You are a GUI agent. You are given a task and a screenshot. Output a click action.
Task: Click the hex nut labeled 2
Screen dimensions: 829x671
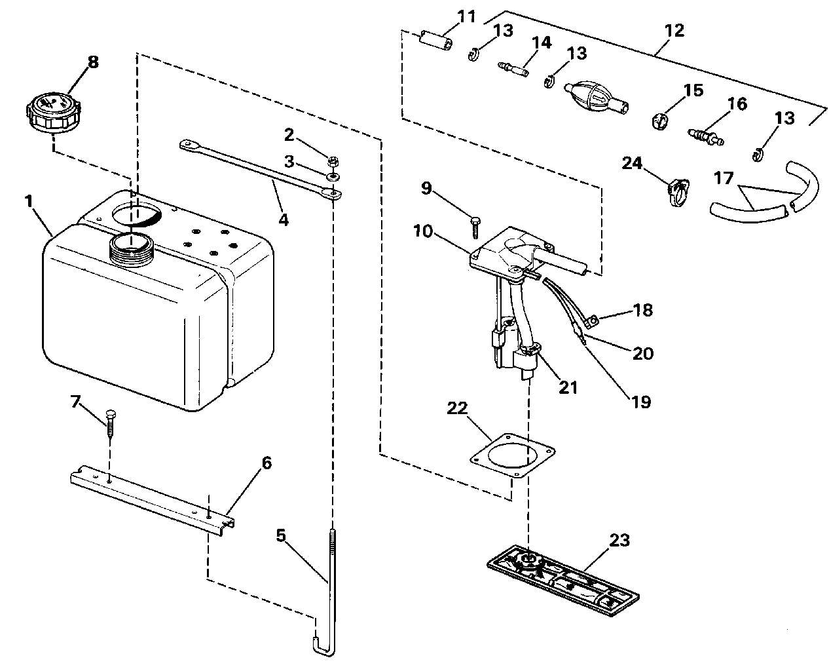(333, 160)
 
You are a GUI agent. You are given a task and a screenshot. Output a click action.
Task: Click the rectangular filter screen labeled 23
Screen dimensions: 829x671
(562, 580)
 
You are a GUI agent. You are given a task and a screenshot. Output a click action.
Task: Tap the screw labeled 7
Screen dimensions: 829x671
(110, 423)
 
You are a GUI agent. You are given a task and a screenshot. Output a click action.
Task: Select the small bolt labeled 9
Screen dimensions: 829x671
(475, 227)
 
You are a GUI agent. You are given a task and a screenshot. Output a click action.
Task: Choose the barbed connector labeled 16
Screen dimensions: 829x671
(706, 137)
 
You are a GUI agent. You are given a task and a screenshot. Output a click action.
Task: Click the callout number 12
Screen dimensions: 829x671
(674, 31)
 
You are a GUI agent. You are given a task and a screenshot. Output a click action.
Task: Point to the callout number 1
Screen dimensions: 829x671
(28, 201)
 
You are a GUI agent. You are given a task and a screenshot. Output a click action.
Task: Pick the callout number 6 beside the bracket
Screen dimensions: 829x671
(267, 463)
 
